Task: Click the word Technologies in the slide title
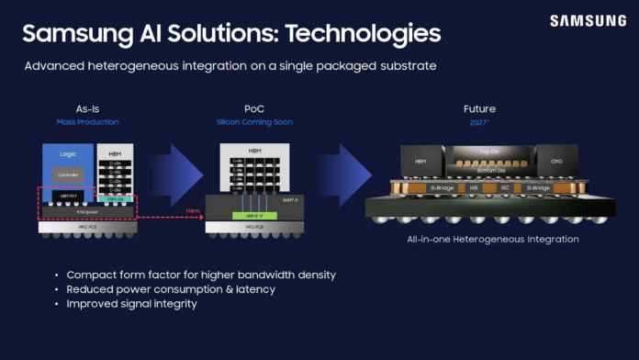[363, 34]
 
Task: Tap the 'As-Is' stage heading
[89, 109]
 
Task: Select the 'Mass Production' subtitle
[89, 121]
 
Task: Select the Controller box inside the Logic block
[66, 174]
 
